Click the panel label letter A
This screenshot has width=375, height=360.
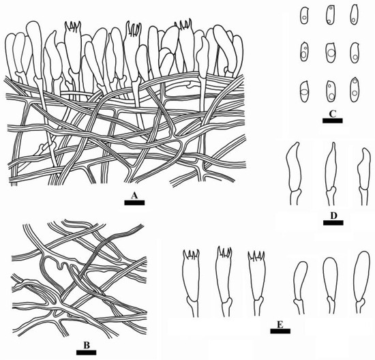click(x=134, y=196)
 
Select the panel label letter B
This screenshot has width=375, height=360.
click(x=87, y=346)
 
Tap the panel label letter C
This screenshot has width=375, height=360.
click(x=333, y=115)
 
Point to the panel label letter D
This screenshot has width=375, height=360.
click(x=333, y=216)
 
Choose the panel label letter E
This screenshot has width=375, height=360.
click(x=280, y=325)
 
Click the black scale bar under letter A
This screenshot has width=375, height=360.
click(x=134, y=203)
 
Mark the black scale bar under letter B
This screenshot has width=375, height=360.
click(x=87, y=352)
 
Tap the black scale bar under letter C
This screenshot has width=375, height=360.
click(x=333, y=121)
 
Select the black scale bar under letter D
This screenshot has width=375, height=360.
click(x=333, y=223)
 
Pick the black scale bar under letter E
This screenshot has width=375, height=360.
click(x=280, y=331)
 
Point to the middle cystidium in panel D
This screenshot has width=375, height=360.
click(x=331, y=174)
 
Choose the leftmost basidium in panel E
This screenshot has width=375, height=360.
click(x=192, y=284)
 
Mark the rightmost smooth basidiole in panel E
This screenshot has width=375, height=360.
click(x=362, y=282)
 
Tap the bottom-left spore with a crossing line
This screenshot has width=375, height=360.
click(x=305, y=92)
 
